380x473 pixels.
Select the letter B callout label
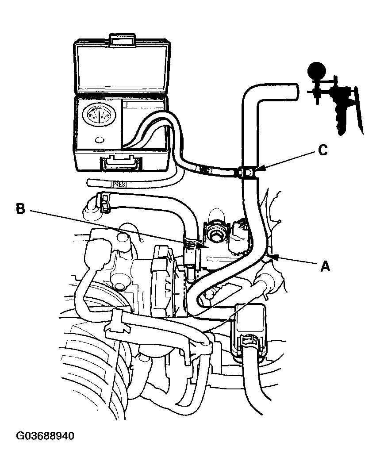point(20,208)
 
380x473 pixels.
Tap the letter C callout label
point(323,150)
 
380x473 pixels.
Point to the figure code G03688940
point(45,436)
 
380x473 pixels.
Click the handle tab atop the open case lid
point(121,39)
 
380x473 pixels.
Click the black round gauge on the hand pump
point(317,70)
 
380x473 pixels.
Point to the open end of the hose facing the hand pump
point(295,92)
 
